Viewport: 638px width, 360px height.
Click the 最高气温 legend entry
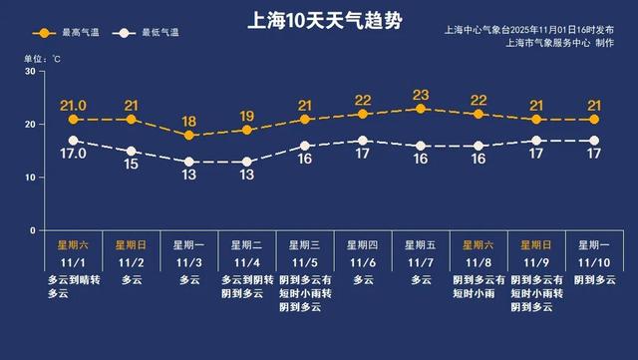tap(68, 33)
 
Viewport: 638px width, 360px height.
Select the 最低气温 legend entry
tap(147, 33)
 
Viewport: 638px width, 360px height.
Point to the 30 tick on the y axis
tap(31, 72)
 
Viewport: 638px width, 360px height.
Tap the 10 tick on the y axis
tap(31, 178)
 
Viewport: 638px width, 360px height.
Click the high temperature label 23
tap(421, 96)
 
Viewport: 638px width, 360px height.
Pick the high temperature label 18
tap(188, 122)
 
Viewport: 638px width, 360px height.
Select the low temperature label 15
tap(130, 165)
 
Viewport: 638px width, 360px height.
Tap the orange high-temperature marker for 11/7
tap(421, 109)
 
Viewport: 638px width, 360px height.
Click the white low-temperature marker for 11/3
tap(188, 162)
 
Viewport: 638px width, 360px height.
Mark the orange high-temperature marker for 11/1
tap(73, 120)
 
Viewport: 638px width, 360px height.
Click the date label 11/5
tap(304, 262)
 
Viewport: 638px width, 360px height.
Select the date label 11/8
tap(478, 262)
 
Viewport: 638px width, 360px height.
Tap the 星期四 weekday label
tap(363, 243)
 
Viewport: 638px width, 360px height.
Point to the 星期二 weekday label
tap(246, 243)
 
